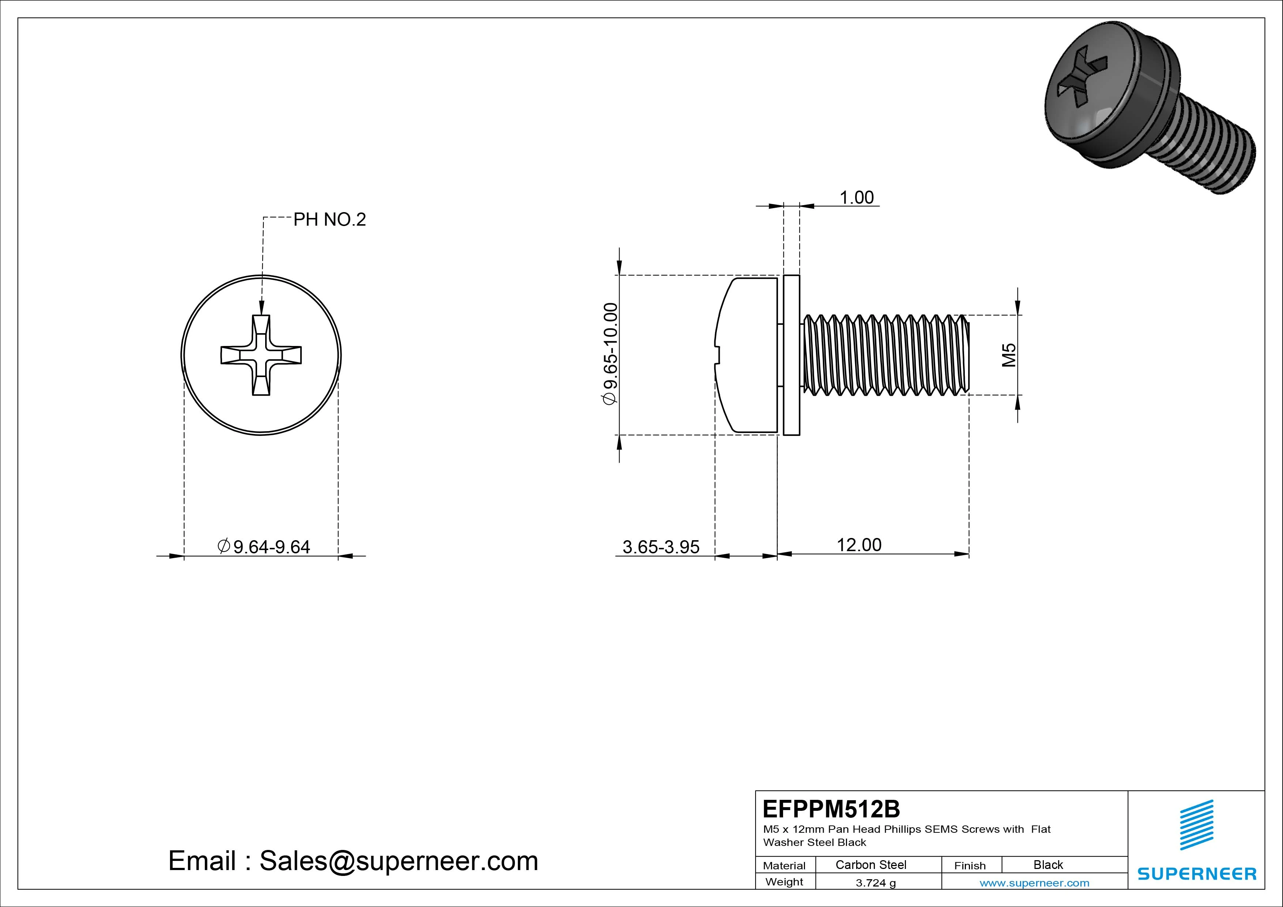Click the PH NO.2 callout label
[x=329, y=220]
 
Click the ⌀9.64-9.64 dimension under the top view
[x=263, y=546]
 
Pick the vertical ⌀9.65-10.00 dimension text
[x=610, y=353]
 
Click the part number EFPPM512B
[x=831, y=809]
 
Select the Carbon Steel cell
[x=870, y=865]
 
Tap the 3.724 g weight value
[x=875, y=883]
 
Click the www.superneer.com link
[x=1034, y=883]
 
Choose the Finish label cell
[x=970, y=865]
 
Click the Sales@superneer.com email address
[x=398, y=861]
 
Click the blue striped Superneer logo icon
[x=1196, y=824]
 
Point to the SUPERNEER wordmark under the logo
[x=1196, y=873]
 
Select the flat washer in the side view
[x=791, y=355]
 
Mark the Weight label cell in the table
[x=784, y=882]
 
